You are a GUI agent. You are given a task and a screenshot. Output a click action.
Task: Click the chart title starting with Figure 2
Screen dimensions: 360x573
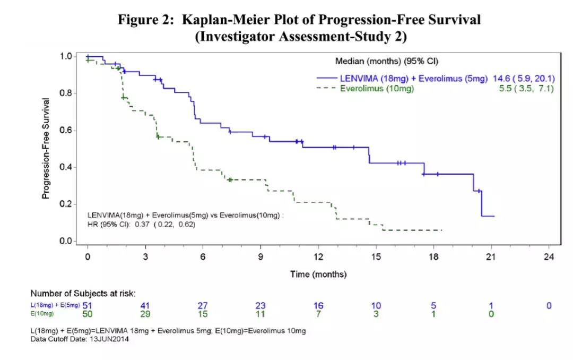[x=300, y=20]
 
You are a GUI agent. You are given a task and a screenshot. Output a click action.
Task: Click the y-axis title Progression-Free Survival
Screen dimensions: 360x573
[x=46, y=149]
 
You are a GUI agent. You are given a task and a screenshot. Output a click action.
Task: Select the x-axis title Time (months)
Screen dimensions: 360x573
[x=318, y=274]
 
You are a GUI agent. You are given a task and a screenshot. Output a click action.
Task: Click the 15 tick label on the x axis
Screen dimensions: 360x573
[x=376, y=257]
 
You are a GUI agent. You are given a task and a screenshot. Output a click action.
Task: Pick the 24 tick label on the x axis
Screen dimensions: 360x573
[x=549, y=257]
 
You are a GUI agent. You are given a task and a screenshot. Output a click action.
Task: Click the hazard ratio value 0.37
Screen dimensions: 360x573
[x=142, y=225]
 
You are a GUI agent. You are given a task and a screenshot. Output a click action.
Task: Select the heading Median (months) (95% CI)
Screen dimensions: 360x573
[x=386, y=61]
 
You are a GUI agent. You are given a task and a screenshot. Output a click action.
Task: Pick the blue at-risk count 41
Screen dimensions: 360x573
[x=145, y=305]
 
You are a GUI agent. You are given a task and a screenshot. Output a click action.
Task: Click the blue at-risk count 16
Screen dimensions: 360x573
[x=318, y=305]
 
